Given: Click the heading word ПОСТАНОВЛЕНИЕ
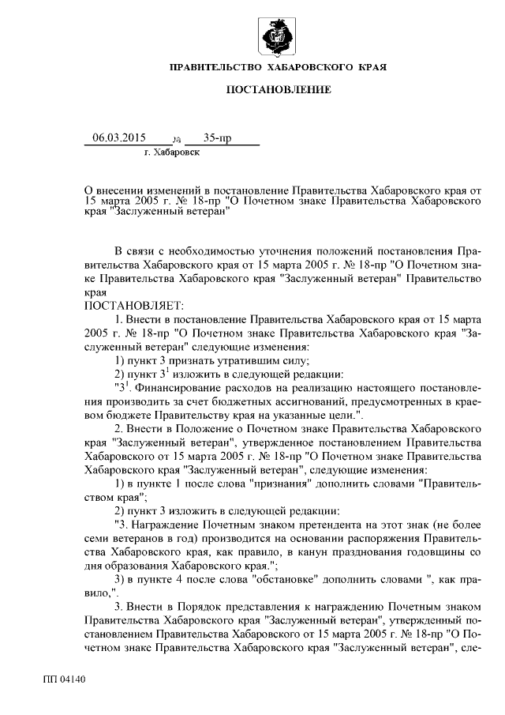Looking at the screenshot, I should tap(278, 90).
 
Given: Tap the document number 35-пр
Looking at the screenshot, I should tap(216, 138).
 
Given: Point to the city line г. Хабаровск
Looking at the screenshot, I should tap(172, 152).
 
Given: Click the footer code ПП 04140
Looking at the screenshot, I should tap(65, 678).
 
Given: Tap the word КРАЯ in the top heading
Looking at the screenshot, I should tap(370, 67).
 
